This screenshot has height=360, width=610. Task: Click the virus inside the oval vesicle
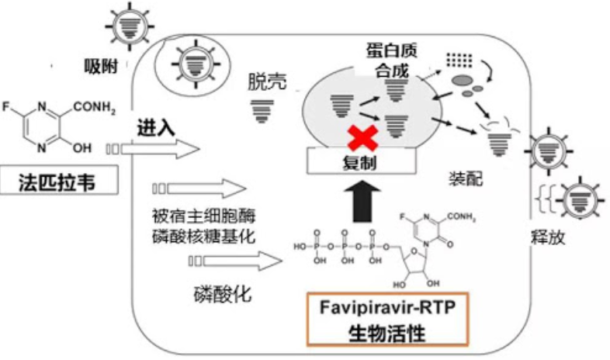pyautogui.click(x=189, y=64)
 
